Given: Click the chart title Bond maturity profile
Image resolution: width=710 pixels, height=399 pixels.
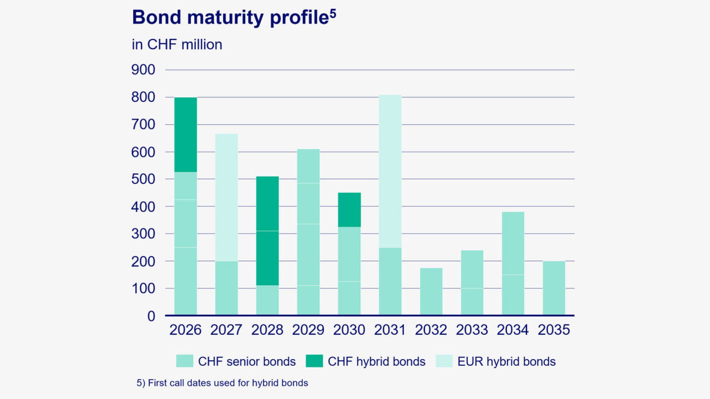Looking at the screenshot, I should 230,18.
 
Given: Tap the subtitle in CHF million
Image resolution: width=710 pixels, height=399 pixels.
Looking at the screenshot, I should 177,45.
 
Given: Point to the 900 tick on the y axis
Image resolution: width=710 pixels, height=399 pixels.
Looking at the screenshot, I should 143,70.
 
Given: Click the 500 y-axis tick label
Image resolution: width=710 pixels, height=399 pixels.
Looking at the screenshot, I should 143,179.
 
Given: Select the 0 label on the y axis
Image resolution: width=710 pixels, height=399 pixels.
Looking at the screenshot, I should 151,316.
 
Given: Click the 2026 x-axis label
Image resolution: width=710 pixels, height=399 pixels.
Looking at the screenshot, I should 185,330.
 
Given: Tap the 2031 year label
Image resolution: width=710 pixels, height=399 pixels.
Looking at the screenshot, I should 390,330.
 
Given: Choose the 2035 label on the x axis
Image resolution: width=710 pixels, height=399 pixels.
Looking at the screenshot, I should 554,330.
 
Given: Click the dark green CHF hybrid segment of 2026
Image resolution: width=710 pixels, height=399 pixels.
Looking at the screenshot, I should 186,135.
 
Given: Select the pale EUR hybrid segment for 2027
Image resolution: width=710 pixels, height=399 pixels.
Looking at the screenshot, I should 226,198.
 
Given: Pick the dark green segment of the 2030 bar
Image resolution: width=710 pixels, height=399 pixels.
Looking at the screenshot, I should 349,209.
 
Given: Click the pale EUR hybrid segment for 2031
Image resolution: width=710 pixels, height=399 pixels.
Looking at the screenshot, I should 390,171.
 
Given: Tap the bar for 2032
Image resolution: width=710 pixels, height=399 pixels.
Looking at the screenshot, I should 431,291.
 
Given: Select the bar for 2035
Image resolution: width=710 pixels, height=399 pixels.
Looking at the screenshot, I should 554,288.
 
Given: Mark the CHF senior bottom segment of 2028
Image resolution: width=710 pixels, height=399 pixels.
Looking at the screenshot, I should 267,300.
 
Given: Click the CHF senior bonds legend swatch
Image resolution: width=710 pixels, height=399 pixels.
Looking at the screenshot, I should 185,361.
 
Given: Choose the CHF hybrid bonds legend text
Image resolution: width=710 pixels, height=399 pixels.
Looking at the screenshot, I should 376,361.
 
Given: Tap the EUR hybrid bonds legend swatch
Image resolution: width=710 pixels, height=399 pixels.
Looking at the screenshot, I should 444,361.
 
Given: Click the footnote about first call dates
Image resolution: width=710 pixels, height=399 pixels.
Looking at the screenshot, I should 222,383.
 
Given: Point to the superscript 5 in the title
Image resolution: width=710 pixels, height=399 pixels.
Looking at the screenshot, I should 333,14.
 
